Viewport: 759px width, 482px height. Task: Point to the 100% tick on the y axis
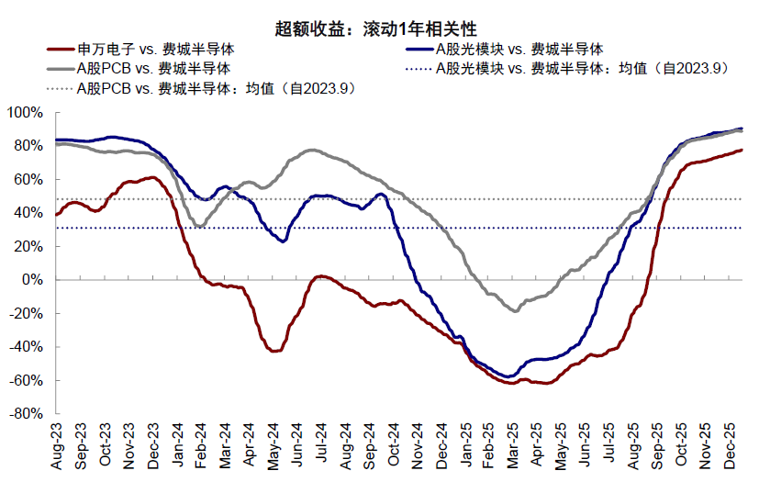click(24, 112)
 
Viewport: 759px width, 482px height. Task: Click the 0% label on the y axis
click(30, 279)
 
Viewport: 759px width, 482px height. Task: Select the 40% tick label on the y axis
click(28, 212)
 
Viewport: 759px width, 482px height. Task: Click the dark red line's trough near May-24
click(273, 351)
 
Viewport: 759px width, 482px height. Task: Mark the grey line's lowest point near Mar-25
click(515, 311)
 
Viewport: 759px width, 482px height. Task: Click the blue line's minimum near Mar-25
click(508, 376)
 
